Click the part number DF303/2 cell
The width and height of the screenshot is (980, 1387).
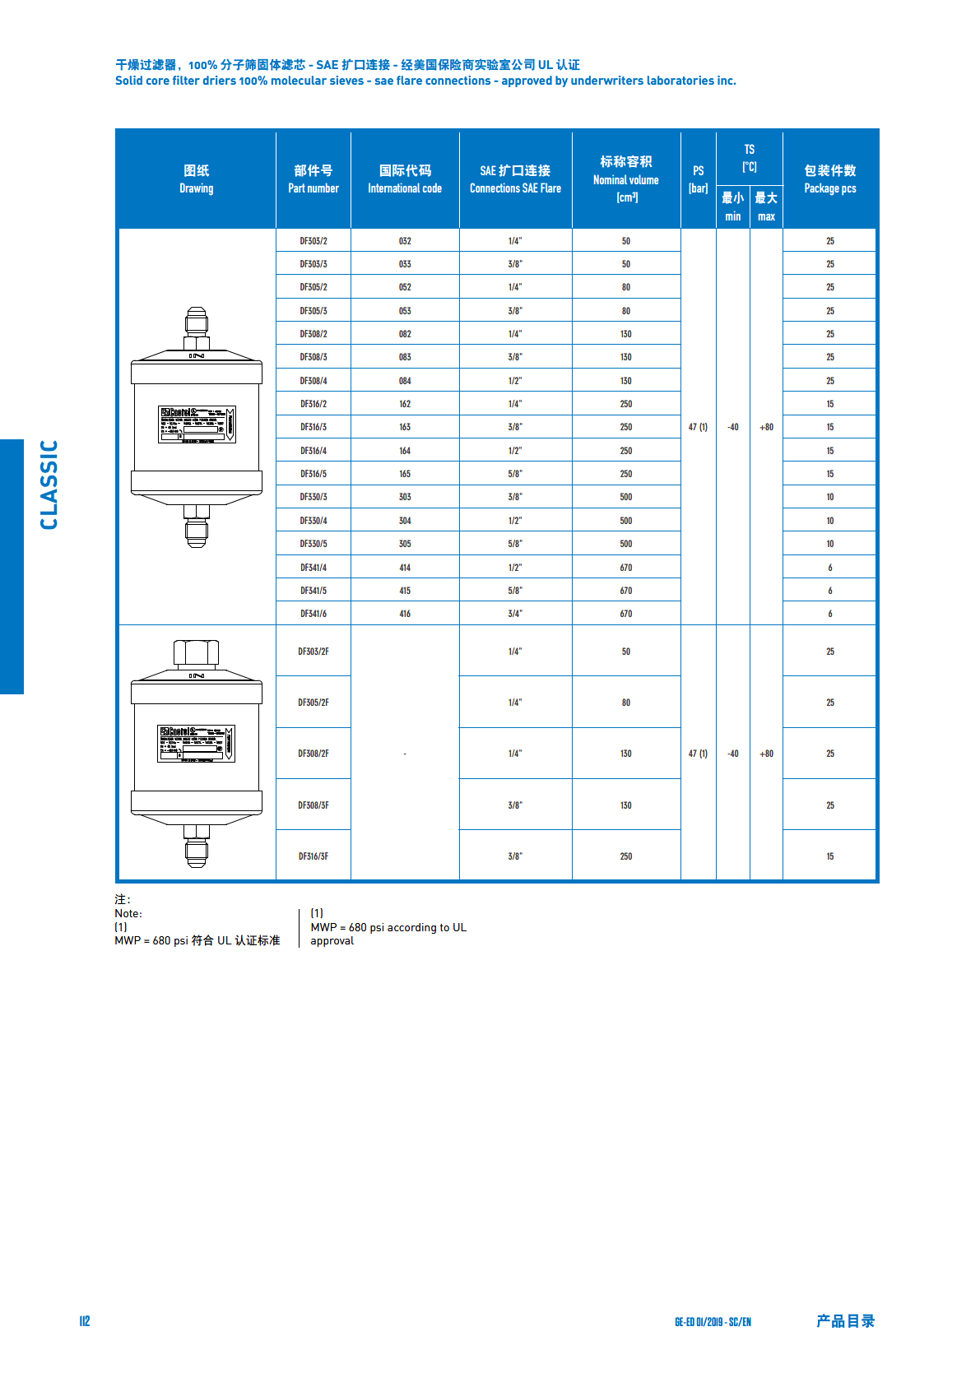[x=314, y=241]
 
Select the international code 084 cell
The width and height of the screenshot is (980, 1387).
[x=405, y=381]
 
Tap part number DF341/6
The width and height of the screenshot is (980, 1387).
[x=314, y=614]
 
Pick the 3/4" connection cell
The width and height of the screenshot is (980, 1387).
[x=515, y=614]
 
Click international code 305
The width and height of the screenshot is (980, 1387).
[x=405, y=544]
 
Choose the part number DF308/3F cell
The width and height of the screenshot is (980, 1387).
[x=314, y=805]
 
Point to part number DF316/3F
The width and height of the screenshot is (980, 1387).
[x=314, y=856]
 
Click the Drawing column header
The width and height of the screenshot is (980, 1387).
[x=197, y=179]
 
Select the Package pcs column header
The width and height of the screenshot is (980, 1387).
[x=830, y=179]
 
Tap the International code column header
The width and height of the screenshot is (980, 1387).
[x=405, y=179]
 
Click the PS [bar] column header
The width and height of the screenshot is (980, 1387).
[x=699, y=179]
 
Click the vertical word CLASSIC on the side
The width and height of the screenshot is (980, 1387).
[x=49, y=485]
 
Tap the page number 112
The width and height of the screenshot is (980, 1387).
[x=85, y=1321]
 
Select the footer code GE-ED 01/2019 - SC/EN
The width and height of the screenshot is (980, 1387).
[x=713, y=1322]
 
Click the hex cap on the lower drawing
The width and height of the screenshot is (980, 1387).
[x=197, y=652]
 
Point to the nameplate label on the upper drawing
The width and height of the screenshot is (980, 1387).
[x=197, y=424]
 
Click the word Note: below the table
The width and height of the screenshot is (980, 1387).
[x=128, y=913]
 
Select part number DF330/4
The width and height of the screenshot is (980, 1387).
[x=314, y=521]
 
